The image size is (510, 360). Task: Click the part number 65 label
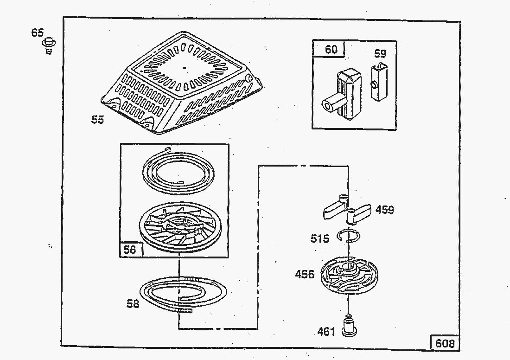pos(38,32)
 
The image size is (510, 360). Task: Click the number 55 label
pos(97,120)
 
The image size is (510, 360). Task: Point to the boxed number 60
pos(331,49)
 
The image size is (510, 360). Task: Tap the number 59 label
pos(380,54)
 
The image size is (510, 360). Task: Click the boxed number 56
pos(130,250)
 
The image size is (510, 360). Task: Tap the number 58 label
pos(133,304)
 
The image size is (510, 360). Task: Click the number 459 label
pos(385,210)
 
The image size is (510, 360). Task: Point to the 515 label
pos(320,238)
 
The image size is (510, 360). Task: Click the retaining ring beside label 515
pos(347,236)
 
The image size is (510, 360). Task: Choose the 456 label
pos(305,274)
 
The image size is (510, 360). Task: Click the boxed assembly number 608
pos(445,343)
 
